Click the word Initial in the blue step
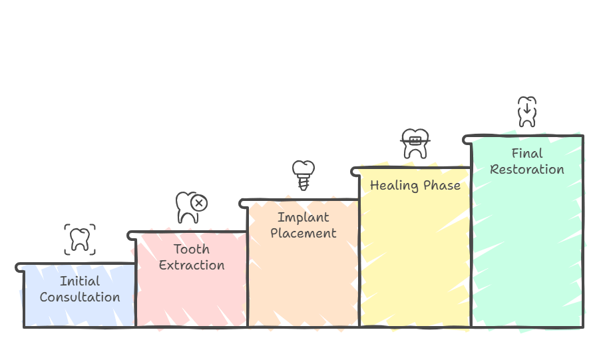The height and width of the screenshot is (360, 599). pyautogui.click(x=80, y=281)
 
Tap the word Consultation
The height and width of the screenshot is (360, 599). pyautogui.click(x=80, y=297)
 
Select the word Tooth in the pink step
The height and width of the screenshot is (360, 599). pyautogui.click(x=192, y=250)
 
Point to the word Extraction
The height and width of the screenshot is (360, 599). pyautogui.click(x=192, y=266)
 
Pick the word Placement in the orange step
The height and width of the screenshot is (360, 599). pyautogui.click(x=303, y=234)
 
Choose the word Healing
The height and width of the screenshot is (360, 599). pyautogui.click(x=394, y=186)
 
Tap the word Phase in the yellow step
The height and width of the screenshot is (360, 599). pyautogui.click(x=442, y=186)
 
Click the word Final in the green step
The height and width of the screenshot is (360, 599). pyautogui.click(x=527, y=154)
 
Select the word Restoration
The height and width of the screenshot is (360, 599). pyautogui.click(x=527, y=170)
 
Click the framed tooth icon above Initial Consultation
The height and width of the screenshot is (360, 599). pyautogui.click(x=80, y=240)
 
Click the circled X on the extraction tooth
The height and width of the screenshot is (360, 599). pyautogui.click(x=199, y=203)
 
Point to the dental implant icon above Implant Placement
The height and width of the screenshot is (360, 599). pyautogui.click(x=303, y=175)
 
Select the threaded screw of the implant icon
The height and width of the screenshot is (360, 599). pyautogui.click(x=303, y=183)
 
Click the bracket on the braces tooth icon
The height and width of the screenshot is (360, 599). pyautogui.click(x=415, y=141)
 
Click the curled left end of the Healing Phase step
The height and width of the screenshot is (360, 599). pyautogui.click(x=354, y=172)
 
